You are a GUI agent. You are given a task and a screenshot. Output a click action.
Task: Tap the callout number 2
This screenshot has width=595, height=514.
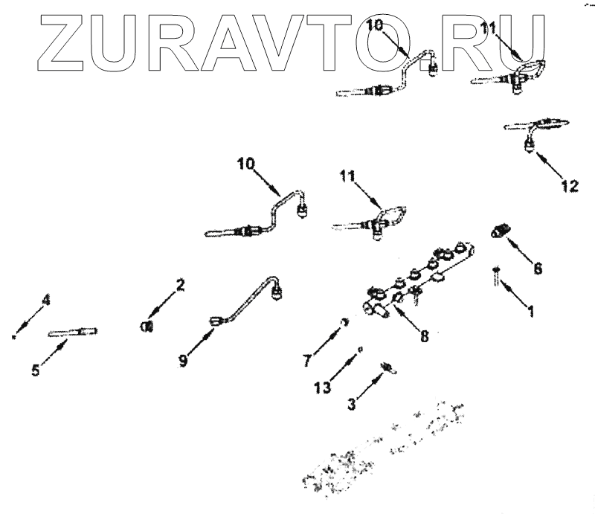(x=179, y=283)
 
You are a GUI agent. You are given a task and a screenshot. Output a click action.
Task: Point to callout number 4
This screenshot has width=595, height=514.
(x=46, y=301)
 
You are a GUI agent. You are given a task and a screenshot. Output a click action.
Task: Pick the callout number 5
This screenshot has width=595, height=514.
(x=36, y=369)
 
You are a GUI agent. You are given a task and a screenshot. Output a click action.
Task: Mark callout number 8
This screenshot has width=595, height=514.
(x=424, y=335)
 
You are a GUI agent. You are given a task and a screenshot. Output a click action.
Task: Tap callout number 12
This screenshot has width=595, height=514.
(x=568, y=186)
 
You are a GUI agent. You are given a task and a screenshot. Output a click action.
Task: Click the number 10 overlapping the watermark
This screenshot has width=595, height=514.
(x=376, y=25)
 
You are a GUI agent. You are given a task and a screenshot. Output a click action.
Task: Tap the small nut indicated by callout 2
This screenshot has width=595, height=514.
(x=147, y=325)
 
